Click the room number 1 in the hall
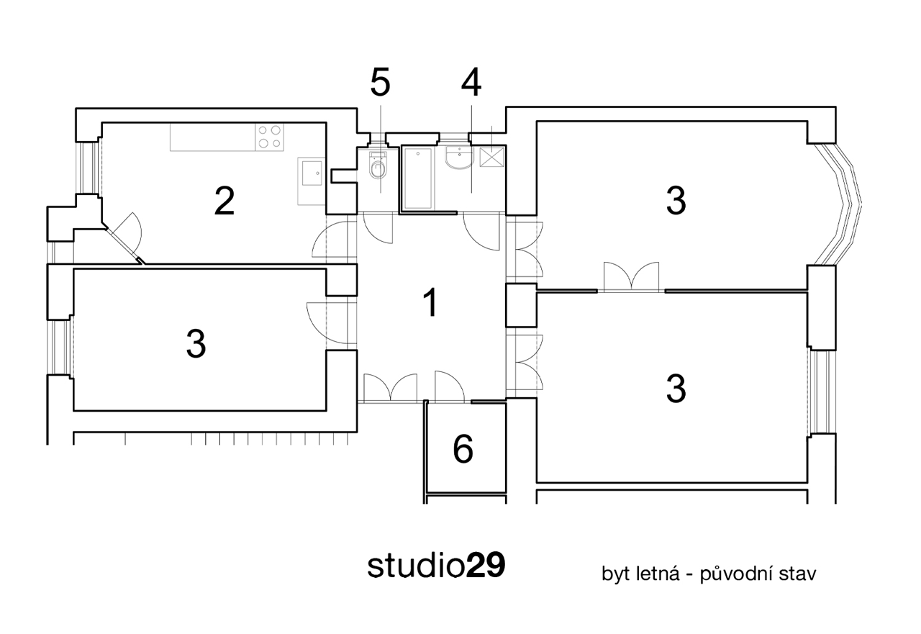(430, 303)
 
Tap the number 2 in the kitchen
(224, 201)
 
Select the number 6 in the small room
(463, 450)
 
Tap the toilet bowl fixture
(378, 166)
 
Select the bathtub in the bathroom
(419, 178)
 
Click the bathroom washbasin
(459, 158)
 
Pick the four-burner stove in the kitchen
(269, 137)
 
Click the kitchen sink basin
(312, 173)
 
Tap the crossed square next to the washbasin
(491, 157)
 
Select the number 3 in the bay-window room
(676, 201)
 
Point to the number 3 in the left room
(196, 344)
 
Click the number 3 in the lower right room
(676, 389)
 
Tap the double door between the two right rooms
(631, 277)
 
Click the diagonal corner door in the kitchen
(123, 238)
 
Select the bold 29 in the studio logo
(485, 566)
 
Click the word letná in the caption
(658, 574)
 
